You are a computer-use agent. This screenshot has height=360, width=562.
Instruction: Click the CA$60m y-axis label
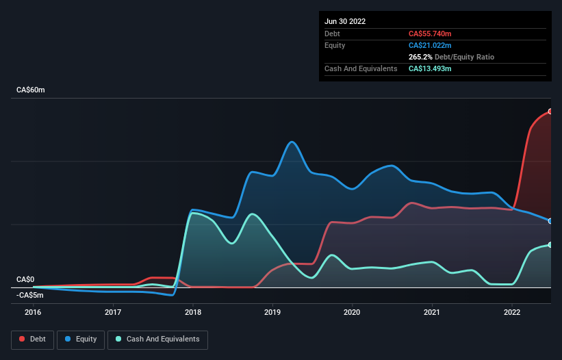[30, 90]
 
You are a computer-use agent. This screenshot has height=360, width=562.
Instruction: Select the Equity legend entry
[81, 339]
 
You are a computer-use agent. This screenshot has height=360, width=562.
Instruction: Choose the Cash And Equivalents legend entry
[157, 339]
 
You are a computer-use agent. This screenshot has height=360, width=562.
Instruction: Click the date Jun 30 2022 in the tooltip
[345, 21]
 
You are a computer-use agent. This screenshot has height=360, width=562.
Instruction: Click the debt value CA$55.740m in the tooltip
[430, 34]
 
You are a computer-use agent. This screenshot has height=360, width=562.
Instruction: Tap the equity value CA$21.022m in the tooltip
[430, 45]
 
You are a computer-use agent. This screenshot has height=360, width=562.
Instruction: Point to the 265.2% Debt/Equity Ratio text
[451, 57]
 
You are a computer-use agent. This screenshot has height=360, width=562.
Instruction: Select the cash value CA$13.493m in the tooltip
[430, 68]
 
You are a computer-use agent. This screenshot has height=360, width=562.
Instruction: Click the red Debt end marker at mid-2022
[550, 111]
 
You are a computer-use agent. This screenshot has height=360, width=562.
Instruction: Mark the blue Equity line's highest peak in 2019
[292, 142]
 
